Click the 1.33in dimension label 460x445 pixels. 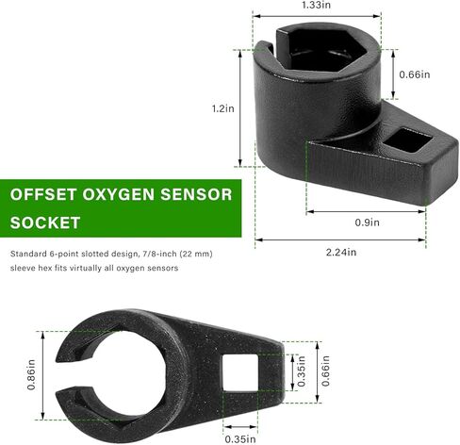(x=316, y=5)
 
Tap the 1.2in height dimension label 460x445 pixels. (x=222, y=108)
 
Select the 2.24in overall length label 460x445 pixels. (x=341, y=252)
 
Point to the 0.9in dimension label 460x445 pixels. (x=367, y=222)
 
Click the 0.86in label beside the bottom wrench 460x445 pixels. (x=31, y=375)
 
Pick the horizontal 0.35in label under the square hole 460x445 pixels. (x=240, y=439)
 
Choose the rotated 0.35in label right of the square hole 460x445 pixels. (x=301, y=371)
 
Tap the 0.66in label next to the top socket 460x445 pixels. (x=415, y=74)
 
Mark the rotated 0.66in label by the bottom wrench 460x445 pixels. (x=325, y=371)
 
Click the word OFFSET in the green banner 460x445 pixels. (x=43, y=194)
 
